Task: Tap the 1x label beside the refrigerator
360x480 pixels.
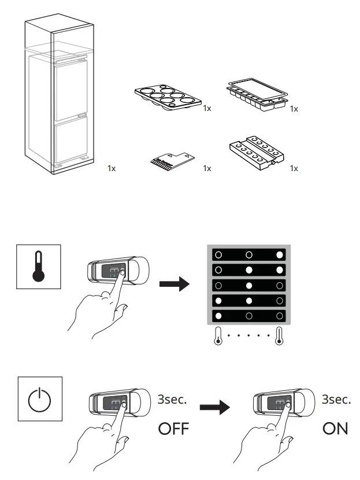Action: point(112,169)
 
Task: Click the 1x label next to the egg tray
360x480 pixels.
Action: point(207,109)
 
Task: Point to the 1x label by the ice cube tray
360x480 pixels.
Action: point(294,109)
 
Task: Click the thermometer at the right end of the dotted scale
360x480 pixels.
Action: point(280,337)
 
